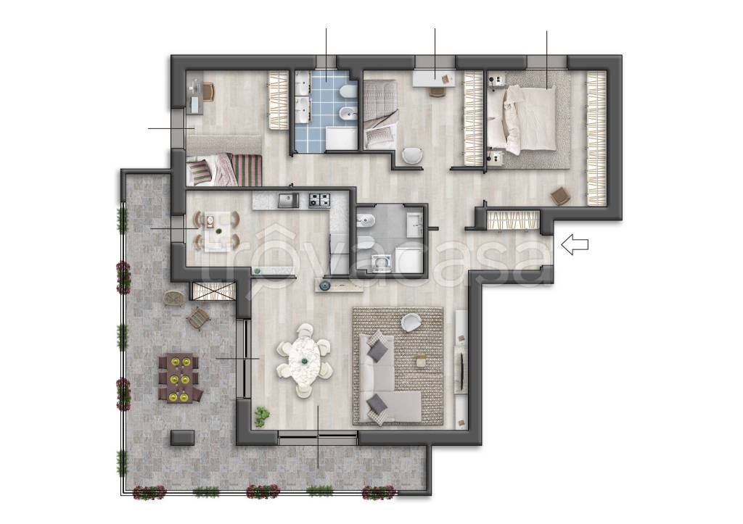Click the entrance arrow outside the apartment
575,244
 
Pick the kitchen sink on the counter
288,201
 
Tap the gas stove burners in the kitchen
319,200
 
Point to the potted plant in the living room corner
261,416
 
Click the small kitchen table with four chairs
216,231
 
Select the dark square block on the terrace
182,438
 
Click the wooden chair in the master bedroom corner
559,196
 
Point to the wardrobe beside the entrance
513,220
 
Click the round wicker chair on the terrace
174,299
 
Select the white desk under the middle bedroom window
434,78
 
